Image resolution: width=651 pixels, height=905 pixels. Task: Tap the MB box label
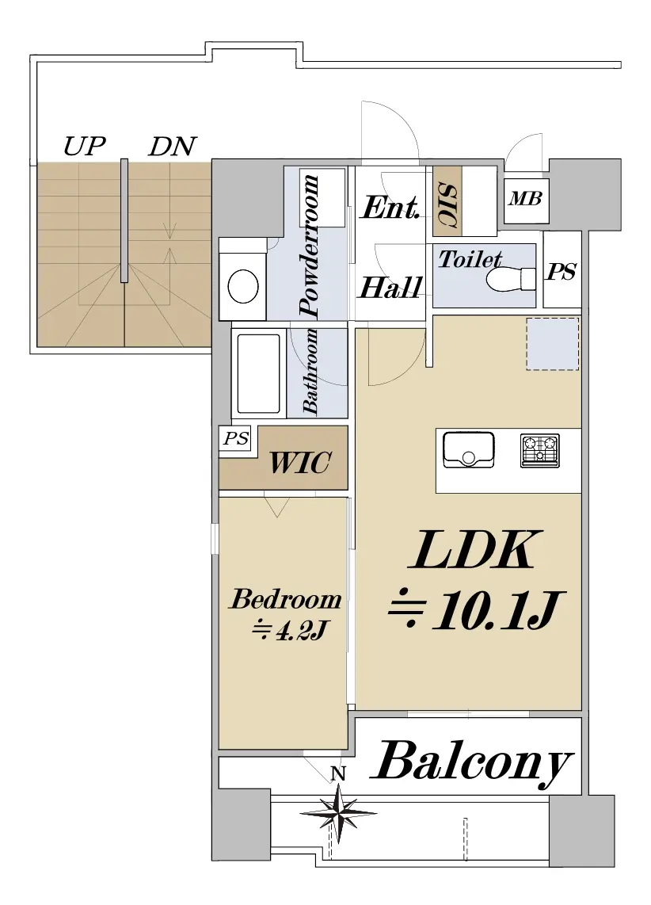pyautogui.click(x=525, y=198)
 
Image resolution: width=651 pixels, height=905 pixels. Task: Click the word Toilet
pyautogui.click(x=470, y=259)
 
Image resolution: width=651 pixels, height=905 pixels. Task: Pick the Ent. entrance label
pyautogui.click(x=390, y=208)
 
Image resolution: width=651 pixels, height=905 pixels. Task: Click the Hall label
pyautogui.click(x=390, y=287)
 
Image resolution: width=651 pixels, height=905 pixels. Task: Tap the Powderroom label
pyautogui.click(x=310, y=246)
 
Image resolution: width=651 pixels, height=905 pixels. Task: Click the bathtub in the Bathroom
pyautogui.click(x=258, y=373)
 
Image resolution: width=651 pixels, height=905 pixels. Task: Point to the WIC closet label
pyautogui.click(x=299, y=461)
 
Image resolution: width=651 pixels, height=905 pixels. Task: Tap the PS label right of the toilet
pyautogui.click(x=562, y=272)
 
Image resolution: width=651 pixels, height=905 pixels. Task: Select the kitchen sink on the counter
pyautogui.click(x=468, y=449)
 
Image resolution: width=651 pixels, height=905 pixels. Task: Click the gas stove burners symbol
pyautogui.click(x=539, y=449)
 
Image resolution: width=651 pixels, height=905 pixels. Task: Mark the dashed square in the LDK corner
pyautogui.click(x=553, y=343)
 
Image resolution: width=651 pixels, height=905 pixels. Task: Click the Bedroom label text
pyautogui.click(x=286, y=599)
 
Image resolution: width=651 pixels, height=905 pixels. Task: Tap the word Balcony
pyautogui.click(x=473, y=762)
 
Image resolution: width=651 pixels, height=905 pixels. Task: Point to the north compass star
pyautogui.click(x=338, y=812)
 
